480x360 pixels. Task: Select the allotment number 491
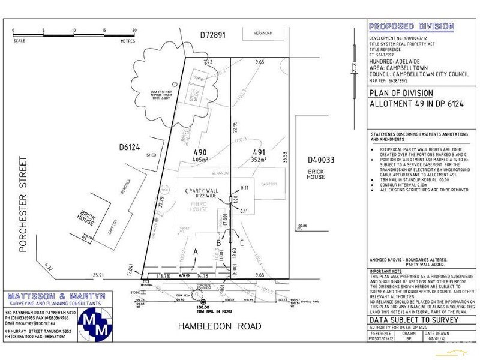tap(258, 152)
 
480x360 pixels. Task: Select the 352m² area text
tap(258, 160)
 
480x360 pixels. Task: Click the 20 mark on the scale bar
tap(134, 30)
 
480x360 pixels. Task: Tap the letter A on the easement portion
tap(195, 252)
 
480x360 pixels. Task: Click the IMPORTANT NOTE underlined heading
tap(385, 271)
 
